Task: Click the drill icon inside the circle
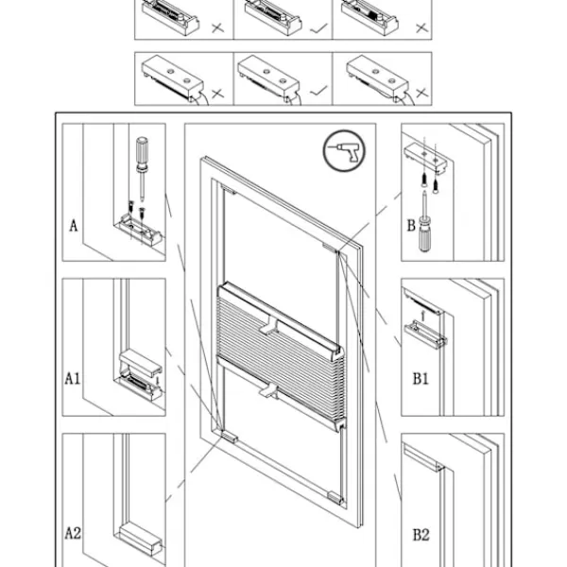coord(341,151)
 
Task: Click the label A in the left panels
coord(73,226)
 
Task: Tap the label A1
coord(73,378)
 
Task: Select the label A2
coord(73,534)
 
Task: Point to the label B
coord(411,226)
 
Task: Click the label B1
coord(421,378)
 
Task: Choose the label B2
coord(421,535)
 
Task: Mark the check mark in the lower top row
coord(318,91)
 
